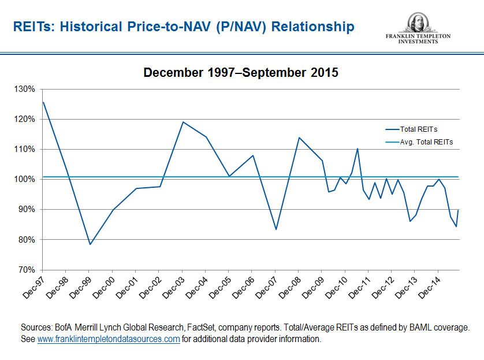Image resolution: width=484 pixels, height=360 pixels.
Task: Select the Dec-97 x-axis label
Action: pos(33,284)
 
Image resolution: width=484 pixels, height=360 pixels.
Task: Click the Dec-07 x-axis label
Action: pos(266,284)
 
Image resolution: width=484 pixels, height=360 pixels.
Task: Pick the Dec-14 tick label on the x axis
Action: pos(429,284)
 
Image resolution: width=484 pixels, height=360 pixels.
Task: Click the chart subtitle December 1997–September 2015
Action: pos(241,73)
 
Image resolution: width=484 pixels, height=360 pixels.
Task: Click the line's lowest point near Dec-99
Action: pos(90,244)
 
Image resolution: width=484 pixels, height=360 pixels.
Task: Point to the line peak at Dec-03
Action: pos(183,122)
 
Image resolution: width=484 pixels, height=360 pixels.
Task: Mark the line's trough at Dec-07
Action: pos(275,229)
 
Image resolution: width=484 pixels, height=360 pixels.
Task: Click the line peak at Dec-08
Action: pos(299,138)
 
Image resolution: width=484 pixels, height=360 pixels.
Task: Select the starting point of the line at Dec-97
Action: pos(43,102)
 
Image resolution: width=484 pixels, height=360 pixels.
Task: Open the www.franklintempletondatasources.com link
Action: pos(109,339)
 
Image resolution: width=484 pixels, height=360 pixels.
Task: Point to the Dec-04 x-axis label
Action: pos(196,284)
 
